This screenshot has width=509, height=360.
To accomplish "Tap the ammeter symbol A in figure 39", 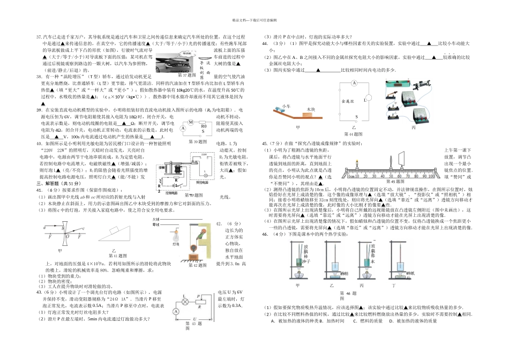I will click(183, 129).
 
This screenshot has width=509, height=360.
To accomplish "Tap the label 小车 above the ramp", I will click(286, 107).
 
